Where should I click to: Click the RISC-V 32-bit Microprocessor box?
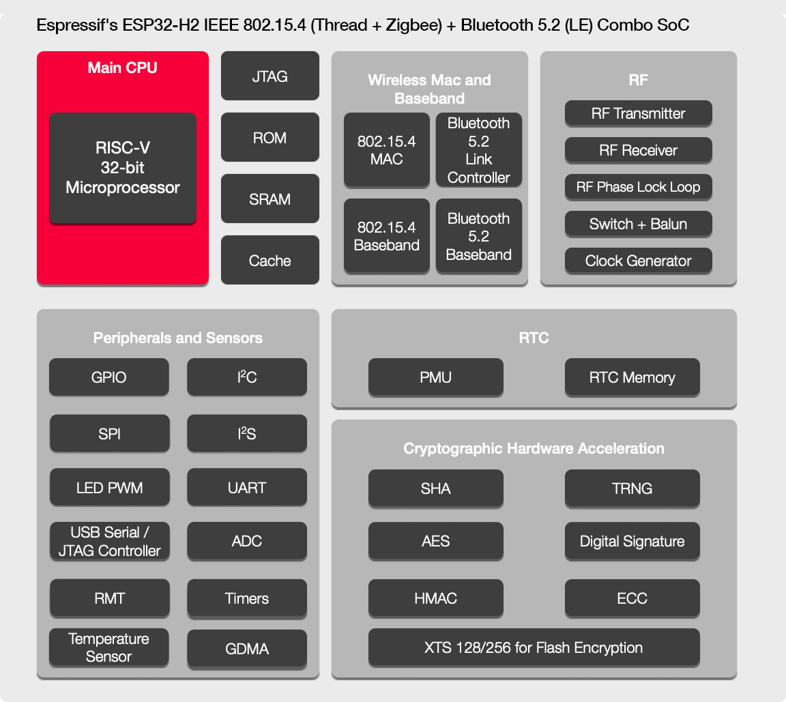(x=123, y=168)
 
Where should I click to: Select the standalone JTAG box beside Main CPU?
(x=270, y=76)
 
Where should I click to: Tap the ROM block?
(x=270, y=137)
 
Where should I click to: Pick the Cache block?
(x=270, y=260)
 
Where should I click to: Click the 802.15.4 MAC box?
(x=386, y=150)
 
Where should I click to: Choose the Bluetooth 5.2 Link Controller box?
(x=478, y=150)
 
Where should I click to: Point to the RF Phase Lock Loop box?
(x=638, y=187)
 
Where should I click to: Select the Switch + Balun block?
(x=638, y=224)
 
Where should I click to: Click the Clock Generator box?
(x=638, y=261)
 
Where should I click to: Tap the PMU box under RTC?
(x=435, y=377)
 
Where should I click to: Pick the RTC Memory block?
(x=632, y=377)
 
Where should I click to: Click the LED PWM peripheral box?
(x=109, y=488)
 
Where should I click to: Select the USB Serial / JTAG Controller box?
(x=109, y=541)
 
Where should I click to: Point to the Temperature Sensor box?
(x=109, y=647)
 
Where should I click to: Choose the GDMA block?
(x=246, y=649)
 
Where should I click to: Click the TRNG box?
(x=632, y=488)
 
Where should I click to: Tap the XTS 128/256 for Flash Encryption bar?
(x=534, y=647)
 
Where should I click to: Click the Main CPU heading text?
(x=123, y=68)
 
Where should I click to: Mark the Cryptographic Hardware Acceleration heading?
(x=534, y=448)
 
